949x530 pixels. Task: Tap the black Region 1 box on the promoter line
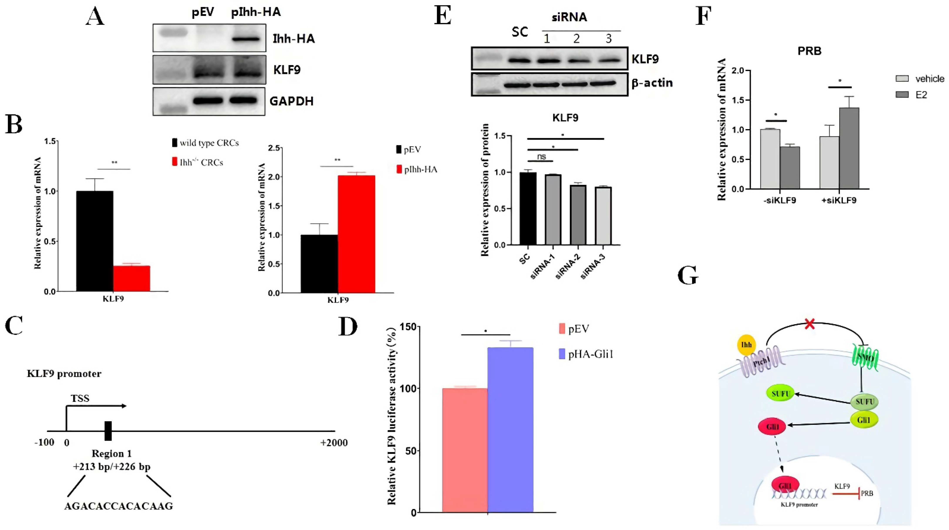tap(108, 431)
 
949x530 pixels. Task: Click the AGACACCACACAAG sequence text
tap(119, 507)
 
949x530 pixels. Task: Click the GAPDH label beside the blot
tap(291, 101)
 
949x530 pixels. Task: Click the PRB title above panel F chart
tap(809, 51)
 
